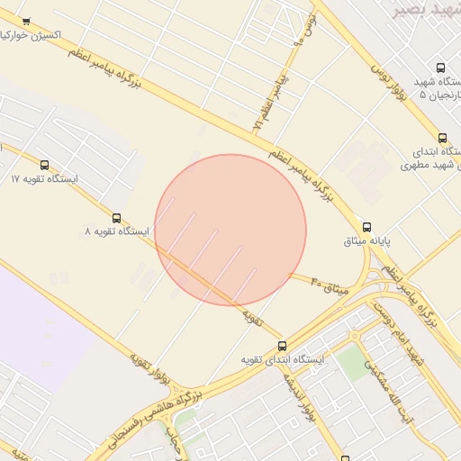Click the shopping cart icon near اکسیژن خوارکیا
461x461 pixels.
(x=25, y=22)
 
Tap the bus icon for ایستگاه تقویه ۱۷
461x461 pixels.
(x=45, y=165)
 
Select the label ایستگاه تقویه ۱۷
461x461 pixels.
(x=45, y=179)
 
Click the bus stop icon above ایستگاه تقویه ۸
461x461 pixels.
(x=116, y=218)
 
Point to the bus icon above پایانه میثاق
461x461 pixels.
(x=366, y=227)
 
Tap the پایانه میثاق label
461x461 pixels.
(x=366, y=241)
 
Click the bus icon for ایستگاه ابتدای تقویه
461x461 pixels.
(x=282, y=345)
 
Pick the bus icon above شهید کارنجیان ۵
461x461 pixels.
(x=440, y=68)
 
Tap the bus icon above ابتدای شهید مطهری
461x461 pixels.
(x=442, y=138)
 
